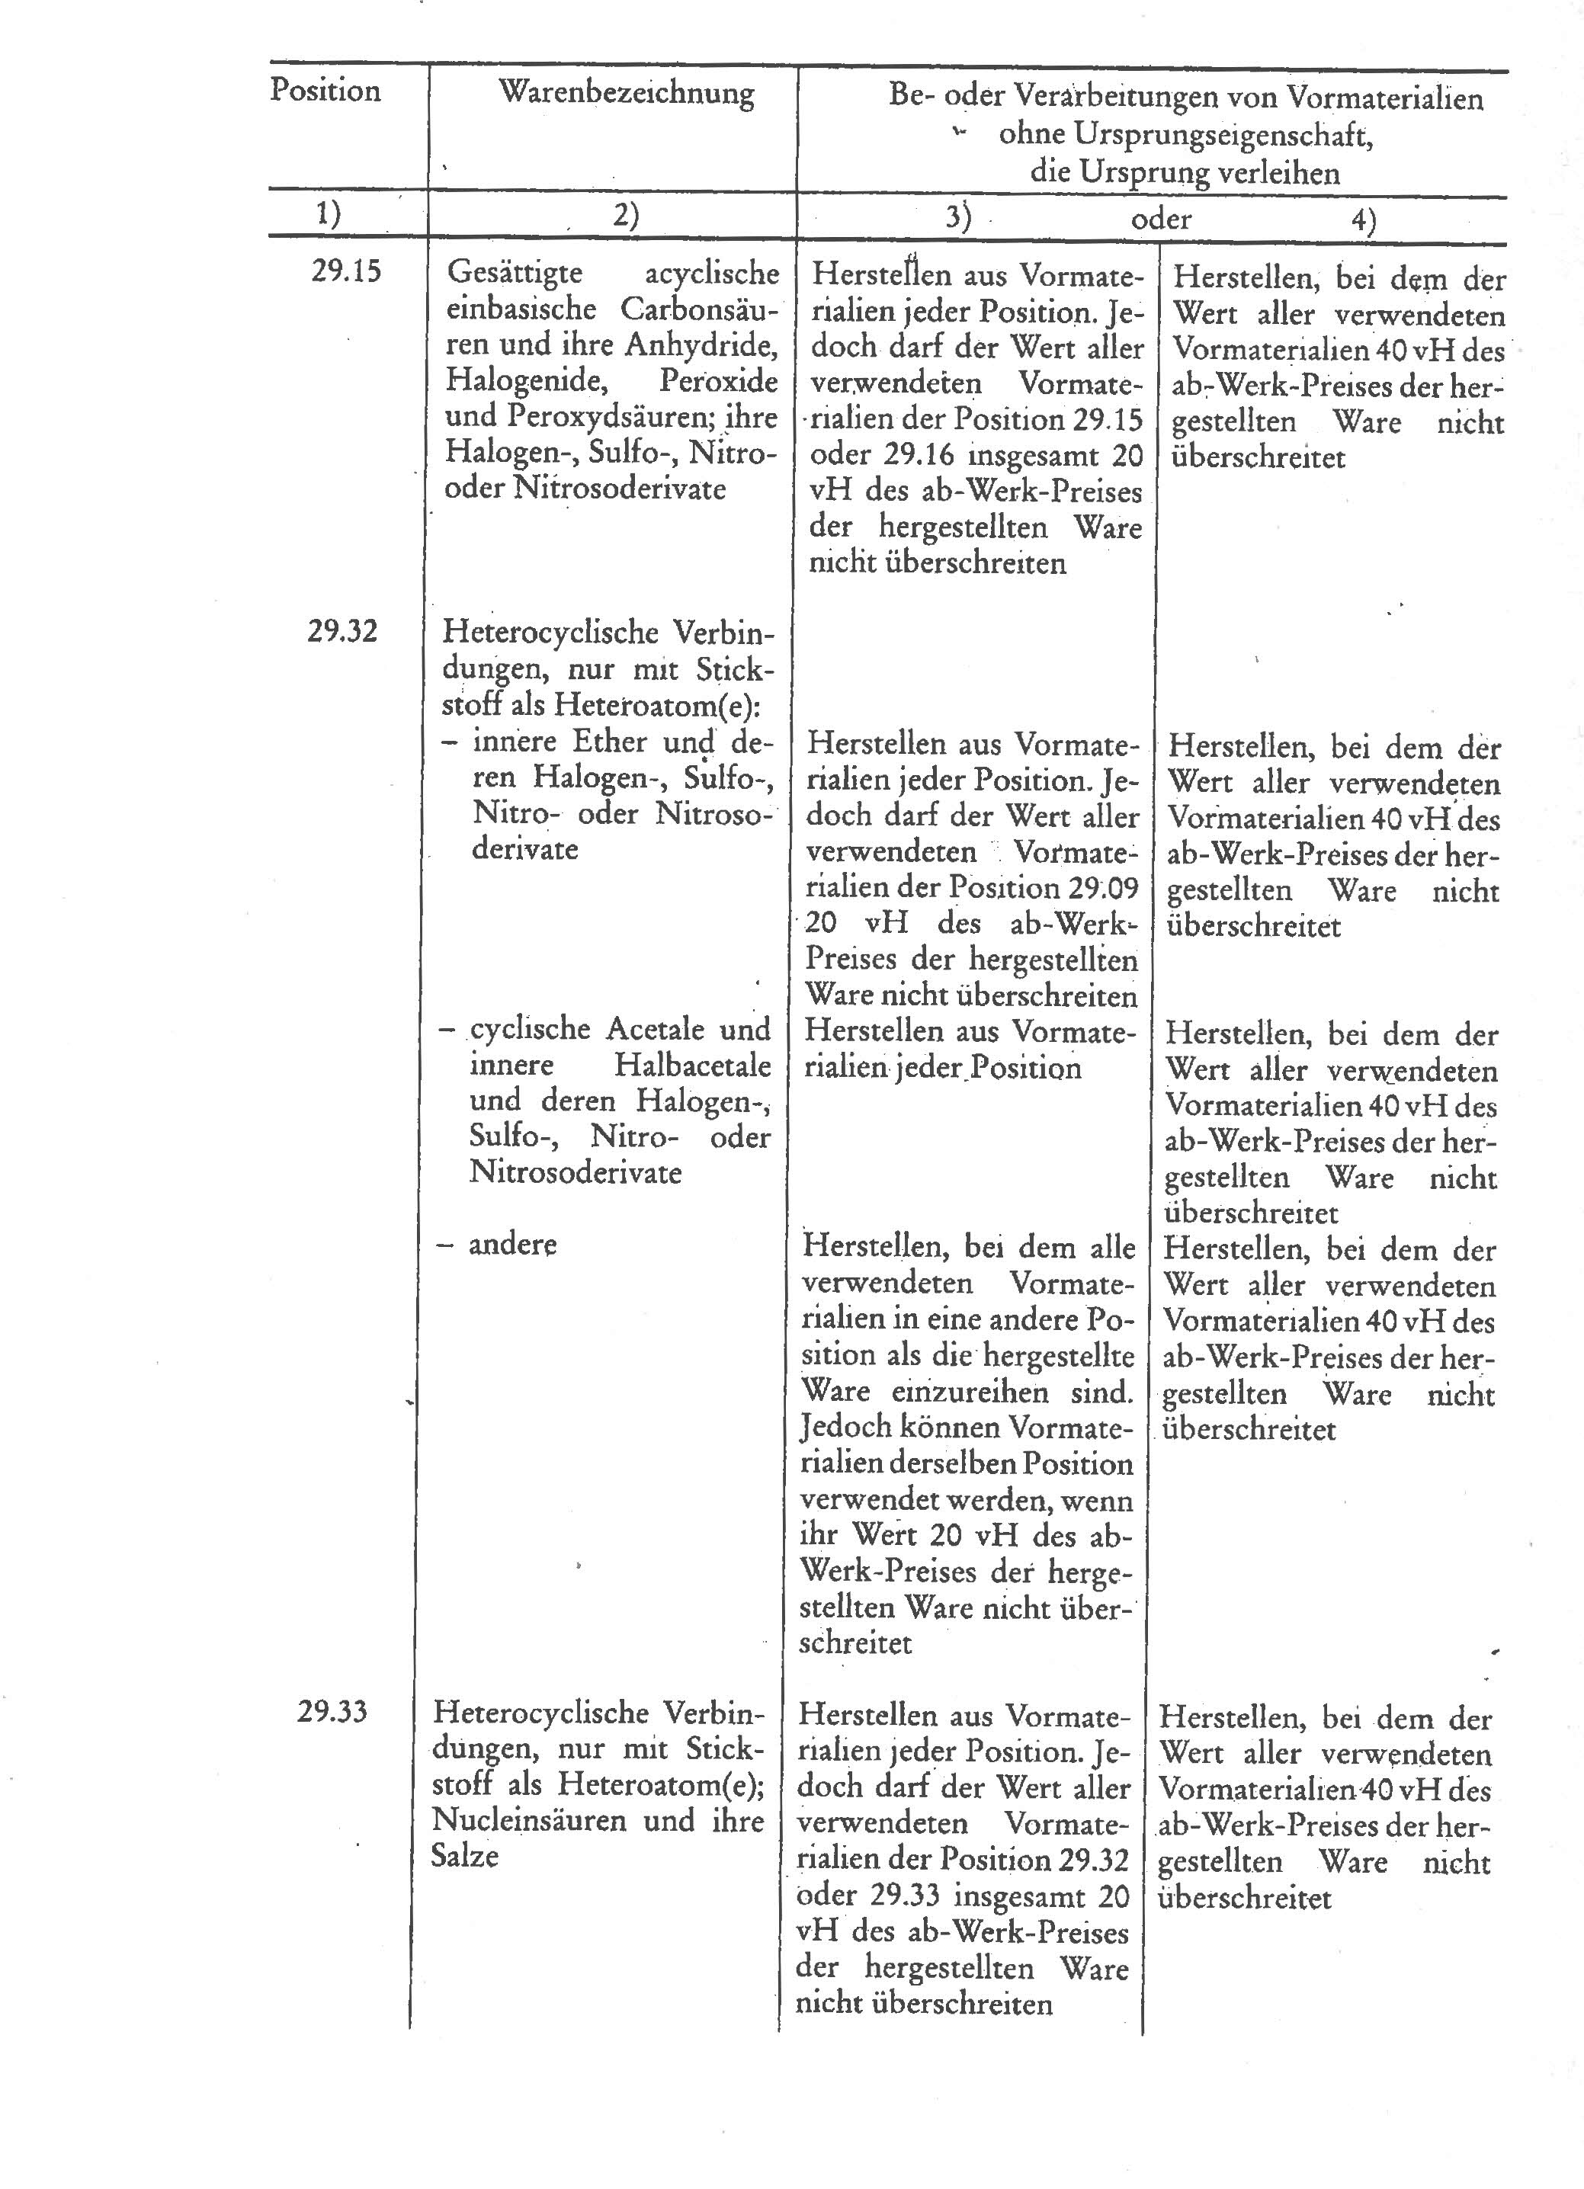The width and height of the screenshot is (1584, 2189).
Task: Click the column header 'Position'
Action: point(325,91)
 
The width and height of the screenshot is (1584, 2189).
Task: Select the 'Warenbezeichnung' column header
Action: point(626,94)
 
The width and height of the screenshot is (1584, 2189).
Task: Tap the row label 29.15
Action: point(345,271)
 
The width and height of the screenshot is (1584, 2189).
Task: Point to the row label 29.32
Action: point(341,632)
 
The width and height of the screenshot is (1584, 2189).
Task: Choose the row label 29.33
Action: point(332,1712)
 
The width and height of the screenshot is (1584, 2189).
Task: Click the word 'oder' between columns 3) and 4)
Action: point(1161,219)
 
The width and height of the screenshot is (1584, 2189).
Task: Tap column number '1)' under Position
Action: point(329,213)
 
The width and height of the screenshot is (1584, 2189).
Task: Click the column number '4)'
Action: point(1363,221)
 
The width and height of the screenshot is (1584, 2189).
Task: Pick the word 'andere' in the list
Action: point(512,1244)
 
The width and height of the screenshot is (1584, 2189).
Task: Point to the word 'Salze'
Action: point(464,1856)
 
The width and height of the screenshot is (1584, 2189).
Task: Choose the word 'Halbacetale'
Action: point(692,1066)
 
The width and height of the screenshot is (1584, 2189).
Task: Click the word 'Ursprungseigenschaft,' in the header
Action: point(1185,136)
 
